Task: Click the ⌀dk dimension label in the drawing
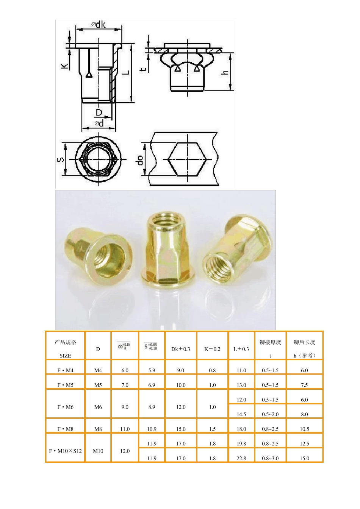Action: pos(98,25)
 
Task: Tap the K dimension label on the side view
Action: pos(65,66)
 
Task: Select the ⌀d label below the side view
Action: pos(99,123)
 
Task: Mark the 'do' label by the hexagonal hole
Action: pos(140,160)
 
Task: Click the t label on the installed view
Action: pos(143,69)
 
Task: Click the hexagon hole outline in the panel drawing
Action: pos(187,159)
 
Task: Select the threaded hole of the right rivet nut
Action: pos(218,268)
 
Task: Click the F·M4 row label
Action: pos(65,370)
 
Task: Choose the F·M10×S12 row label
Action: pos(65,451)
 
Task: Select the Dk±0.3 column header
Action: pos(181,349)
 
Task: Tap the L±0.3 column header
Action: pos(241,349)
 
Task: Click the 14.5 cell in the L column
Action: pos(241,414)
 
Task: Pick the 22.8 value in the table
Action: pos(241,458)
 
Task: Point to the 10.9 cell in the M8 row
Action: pos(152,429)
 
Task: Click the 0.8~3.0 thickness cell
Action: pos(270,458)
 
